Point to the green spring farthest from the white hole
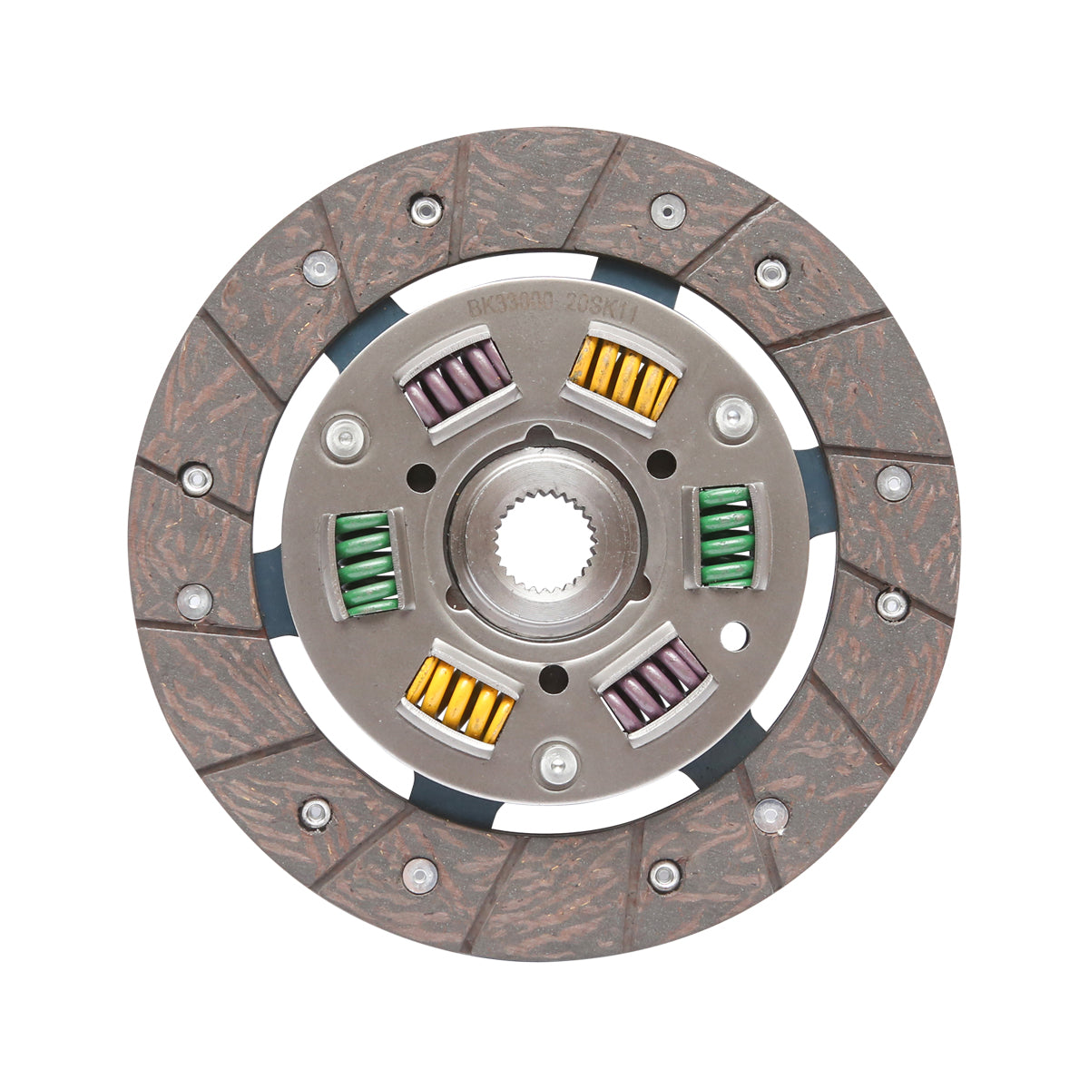tap(366, 564)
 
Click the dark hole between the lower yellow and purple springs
tap(553, 677)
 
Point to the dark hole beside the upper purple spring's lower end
tap(421, 475)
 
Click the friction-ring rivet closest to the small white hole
tap(891, 603)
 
